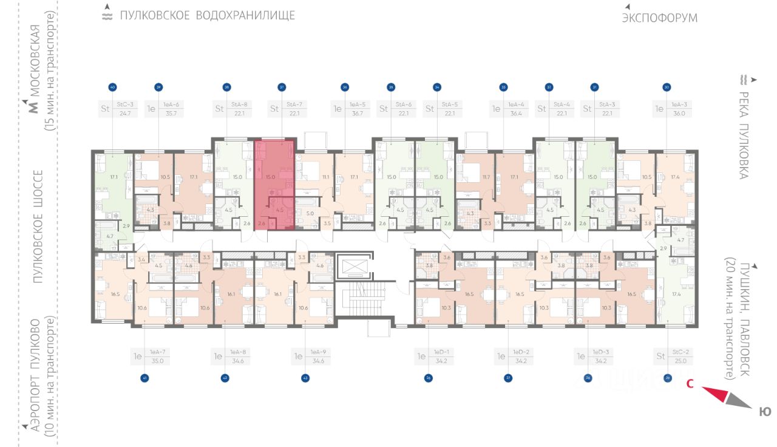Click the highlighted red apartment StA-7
275,184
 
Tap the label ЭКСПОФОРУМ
659,18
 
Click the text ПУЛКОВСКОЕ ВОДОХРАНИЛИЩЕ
207,15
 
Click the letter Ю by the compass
765,412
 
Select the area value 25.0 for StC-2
679,361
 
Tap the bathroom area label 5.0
310,213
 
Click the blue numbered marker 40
112,87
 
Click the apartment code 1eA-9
319,352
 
